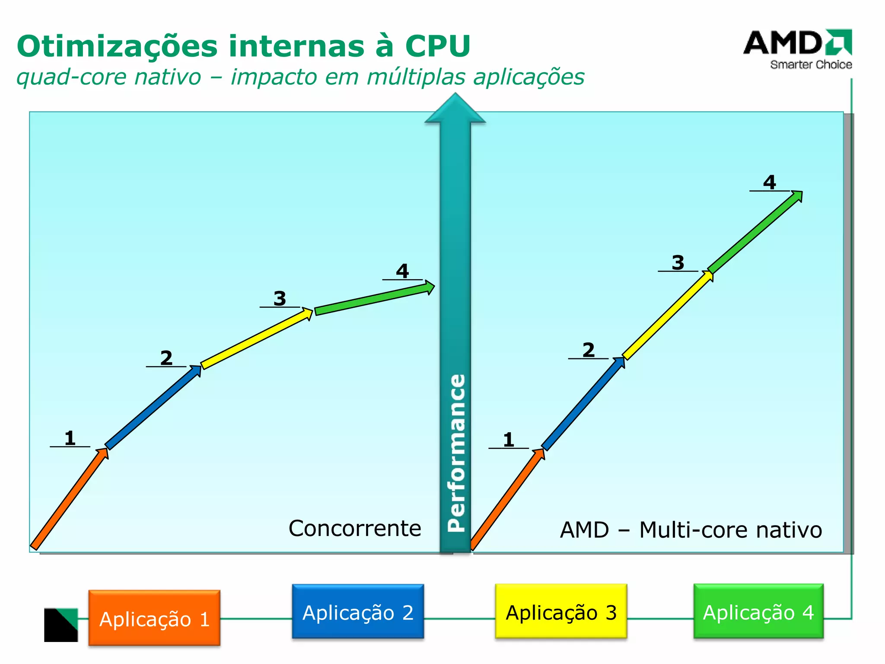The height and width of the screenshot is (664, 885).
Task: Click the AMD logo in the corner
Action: (x=797, y=43)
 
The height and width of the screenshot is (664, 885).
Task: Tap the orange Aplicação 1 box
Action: (x=154, y=618)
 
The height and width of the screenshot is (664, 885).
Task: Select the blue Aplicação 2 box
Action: (x=358, y=611)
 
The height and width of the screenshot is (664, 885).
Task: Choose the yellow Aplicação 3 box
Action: (x=561, y=611)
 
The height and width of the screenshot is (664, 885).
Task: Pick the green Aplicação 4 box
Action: (x=758, y=611)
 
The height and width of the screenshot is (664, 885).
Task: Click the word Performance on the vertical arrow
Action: (x=456, y=453)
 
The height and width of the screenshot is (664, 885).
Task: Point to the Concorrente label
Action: (x=355, y=528)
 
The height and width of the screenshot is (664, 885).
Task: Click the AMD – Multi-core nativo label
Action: (x=691, y=530)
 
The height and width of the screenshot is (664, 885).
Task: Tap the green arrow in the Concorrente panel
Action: (x=374, y=298)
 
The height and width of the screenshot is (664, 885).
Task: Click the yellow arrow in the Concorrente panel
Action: (x=256, y=338)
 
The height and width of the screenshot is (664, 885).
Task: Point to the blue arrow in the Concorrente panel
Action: (x=153, y=408)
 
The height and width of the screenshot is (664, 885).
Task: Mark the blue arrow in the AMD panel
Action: (x=583, y=404)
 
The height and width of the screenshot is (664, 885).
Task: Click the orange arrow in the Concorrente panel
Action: (x=69, y=499)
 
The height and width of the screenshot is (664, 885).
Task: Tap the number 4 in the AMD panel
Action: (x=769, y=182)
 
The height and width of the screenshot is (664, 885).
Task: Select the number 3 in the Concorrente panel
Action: (x=280, y=298)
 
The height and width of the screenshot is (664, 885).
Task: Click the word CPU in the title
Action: (x=437, y=46)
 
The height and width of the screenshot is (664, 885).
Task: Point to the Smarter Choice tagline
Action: (x=811, y=65)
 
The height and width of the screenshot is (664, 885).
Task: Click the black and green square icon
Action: (x=61, y=625)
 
